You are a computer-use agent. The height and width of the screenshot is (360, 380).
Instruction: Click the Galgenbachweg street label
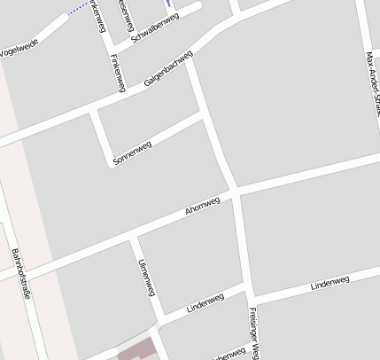(x=167, y=67)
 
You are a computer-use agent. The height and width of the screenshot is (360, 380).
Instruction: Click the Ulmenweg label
(x=147, y=278)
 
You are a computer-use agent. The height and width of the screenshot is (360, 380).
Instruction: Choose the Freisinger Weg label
(x=253, y=333)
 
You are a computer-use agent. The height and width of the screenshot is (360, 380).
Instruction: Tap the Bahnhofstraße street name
(x=21, y=275)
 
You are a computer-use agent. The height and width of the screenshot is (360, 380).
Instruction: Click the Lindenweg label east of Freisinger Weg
(x=330, y=284)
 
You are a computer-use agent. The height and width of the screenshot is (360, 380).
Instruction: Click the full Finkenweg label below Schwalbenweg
(x=115, y=72)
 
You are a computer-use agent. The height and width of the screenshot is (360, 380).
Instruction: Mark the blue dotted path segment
(x=79, y=10)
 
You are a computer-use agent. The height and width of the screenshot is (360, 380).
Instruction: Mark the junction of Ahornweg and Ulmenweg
(x=133, y=239)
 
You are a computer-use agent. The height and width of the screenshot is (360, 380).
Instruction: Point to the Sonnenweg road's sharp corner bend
(x=111, y=164)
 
